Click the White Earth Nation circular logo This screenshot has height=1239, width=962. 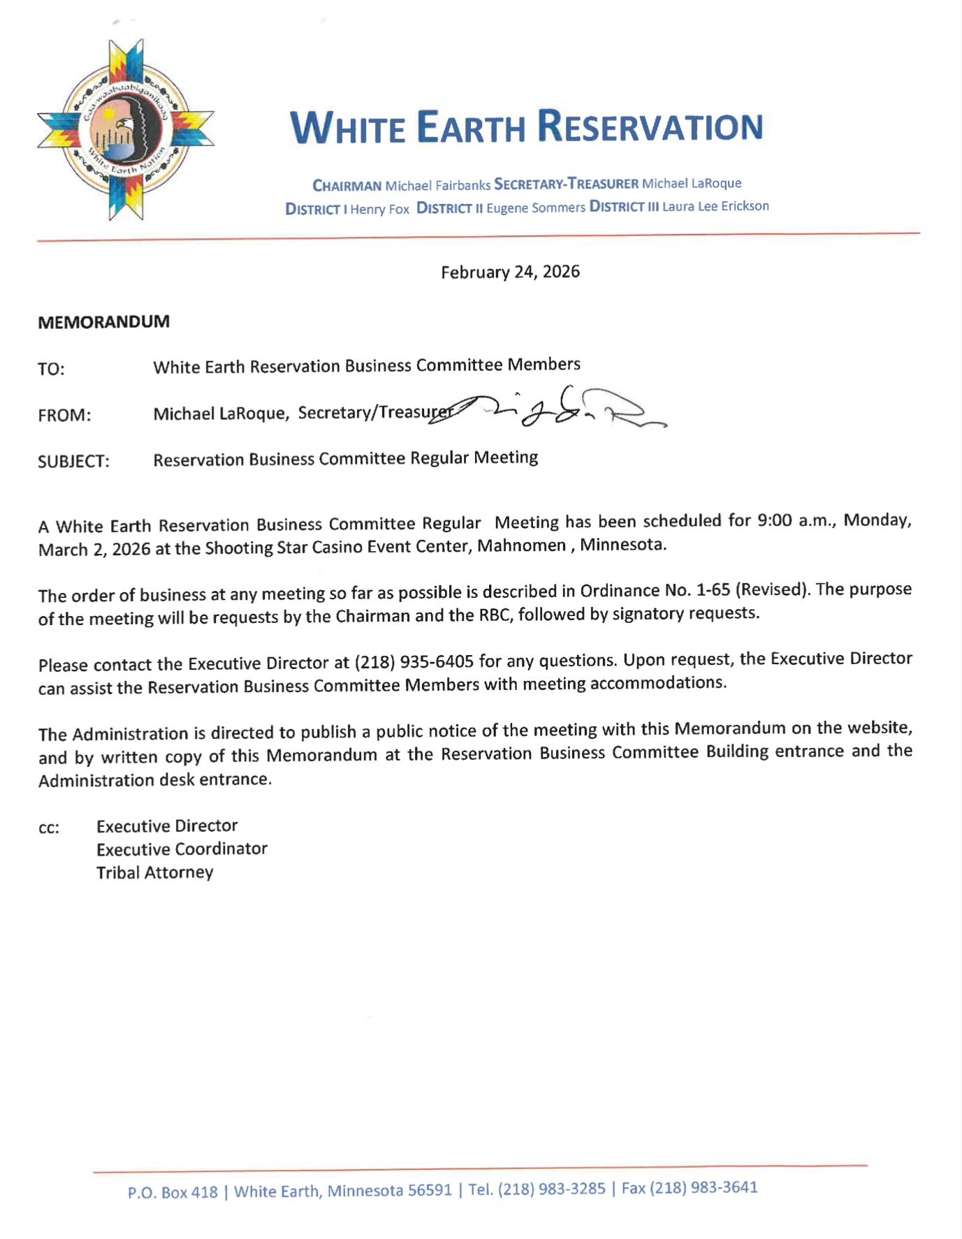tap(126, 131)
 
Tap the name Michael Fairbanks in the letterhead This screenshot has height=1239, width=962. tap(437, 185)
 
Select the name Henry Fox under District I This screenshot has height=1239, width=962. tap(379, 209)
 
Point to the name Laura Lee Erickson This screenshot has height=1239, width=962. tap(715, 206)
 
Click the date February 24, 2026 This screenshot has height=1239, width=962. tap(510, 272)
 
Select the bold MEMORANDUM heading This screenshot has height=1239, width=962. tap(103, 322)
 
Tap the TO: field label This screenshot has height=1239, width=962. tap(51, 369)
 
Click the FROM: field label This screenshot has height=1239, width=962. tap(64, 416)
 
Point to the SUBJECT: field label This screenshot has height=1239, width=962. tap(73, 462)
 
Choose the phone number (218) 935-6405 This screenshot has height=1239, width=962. tap(414, 661)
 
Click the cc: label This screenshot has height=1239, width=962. tap(49, 829)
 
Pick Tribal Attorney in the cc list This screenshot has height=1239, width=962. tap(154, 872)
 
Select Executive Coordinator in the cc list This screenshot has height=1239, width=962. tap(182, 849)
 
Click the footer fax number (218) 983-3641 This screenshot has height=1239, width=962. tap(704, 1187)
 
